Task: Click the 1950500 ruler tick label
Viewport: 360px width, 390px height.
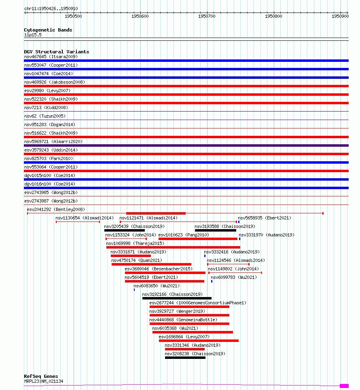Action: pos(73,17)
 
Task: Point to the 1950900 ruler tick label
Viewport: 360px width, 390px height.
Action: pos(340,17)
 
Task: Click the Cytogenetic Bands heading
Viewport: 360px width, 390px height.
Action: pos(48,30)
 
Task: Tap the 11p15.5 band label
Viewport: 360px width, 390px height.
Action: pos(33,35)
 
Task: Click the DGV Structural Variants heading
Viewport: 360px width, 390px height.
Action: pos(57,52)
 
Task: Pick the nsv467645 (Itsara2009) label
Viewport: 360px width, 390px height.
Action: pos(51,57)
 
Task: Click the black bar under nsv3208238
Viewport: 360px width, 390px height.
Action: pos(185,358)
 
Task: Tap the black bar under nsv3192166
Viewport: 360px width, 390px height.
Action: pos(177,298)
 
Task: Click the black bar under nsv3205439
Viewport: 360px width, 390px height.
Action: pos(125,230)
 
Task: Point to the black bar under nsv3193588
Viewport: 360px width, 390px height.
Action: pos(215,230)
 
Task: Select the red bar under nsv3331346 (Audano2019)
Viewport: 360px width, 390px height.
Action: pos(184,349)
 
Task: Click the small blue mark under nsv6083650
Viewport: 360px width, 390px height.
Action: pos(134,290)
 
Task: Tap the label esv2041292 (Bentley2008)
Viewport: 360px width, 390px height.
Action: pos(56,209)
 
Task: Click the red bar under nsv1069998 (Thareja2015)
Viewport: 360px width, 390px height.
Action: pos(173,247)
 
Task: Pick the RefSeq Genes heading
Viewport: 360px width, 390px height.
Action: pos(41,376)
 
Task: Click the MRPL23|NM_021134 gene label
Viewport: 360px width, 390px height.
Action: pos(44,381)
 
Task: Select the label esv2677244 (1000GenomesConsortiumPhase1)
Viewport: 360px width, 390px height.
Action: pos(198,303)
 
